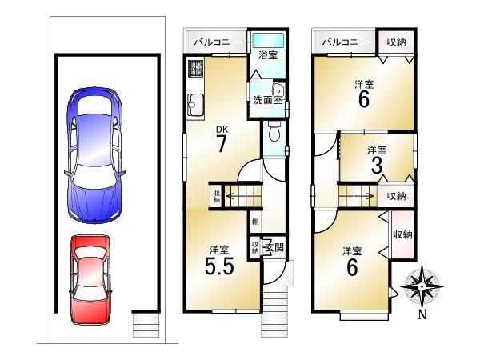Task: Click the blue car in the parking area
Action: click(x=94, y=155)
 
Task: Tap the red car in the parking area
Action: click(x=90, y=279)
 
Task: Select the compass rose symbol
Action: click(x=422, y=287)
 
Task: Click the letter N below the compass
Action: click(x=422, y=315)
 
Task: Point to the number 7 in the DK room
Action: click(x=222, y=143)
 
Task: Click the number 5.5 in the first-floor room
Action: click(x=219, y=266)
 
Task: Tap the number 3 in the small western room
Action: click(x=377, y=165)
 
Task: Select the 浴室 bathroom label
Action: click(x=268, y=55)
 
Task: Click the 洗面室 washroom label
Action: click(x=267, y=100)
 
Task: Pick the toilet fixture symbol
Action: click(x=274, y=130)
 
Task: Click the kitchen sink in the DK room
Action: click(x=196, y=105)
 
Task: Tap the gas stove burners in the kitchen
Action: click(x=196, y=68)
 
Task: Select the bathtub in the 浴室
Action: click(x=268, y=40)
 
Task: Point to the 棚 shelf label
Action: click(x=255, y=221)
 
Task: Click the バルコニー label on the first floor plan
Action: click(x=217, y=42)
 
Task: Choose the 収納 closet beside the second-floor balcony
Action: click(x=397, y=42)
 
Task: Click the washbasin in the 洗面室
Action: click(x=278, y=90)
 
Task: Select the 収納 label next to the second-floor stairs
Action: click(x=396, y=196)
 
